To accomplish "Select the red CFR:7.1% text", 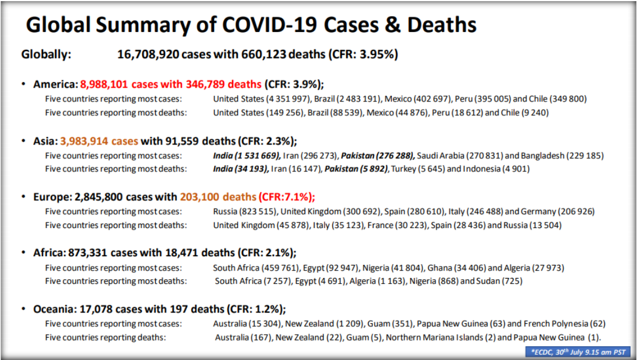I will point(287,197).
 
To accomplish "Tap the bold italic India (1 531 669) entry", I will point(247,155).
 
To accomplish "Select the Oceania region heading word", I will point(53,309).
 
